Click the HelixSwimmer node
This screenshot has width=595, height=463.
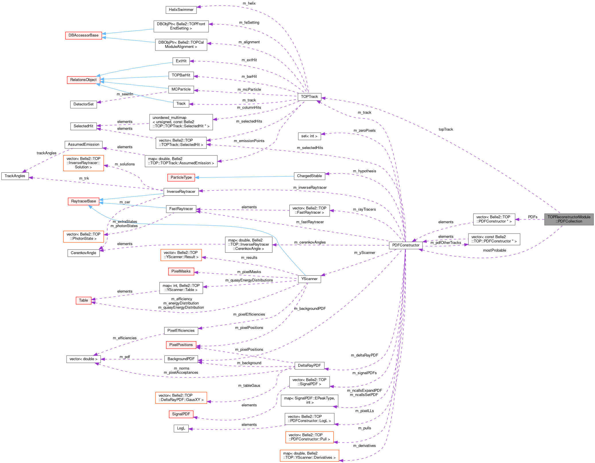(181, 10)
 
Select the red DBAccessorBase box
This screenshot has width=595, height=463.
(84, 35)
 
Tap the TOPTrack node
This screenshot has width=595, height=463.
(309, 97)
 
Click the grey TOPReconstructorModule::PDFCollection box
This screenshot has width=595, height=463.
(569, 219)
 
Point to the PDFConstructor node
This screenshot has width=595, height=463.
(406, 245)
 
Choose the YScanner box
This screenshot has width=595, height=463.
(309, 279)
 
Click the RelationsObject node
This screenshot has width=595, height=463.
(84, 80)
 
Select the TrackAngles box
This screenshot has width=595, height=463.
(15, 176)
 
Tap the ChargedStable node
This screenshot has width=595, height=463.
(309, 176)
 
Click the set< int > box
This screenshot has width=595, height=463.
(309, 136)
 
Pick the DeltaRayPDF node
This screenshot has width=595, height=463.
(309, 366)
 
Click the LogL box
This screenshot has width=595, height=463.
(181, 428)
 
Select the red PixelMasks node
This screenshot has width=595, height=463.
(181, 271)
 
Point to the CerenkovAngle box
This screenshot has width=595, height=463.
(84, 253)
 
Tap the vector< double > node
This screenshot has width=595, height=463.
(84, 359)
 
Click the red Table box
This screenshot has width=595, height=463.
(84, 300)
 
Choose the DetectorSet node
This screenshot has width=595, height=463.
(84, 104)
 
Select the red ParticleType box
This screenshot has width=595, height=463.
(181, 178)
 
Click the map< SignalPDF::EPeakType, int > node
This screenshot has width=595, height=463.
(309, 400)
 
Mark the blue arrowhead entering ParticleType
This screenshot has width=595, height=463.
(197, 178)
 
